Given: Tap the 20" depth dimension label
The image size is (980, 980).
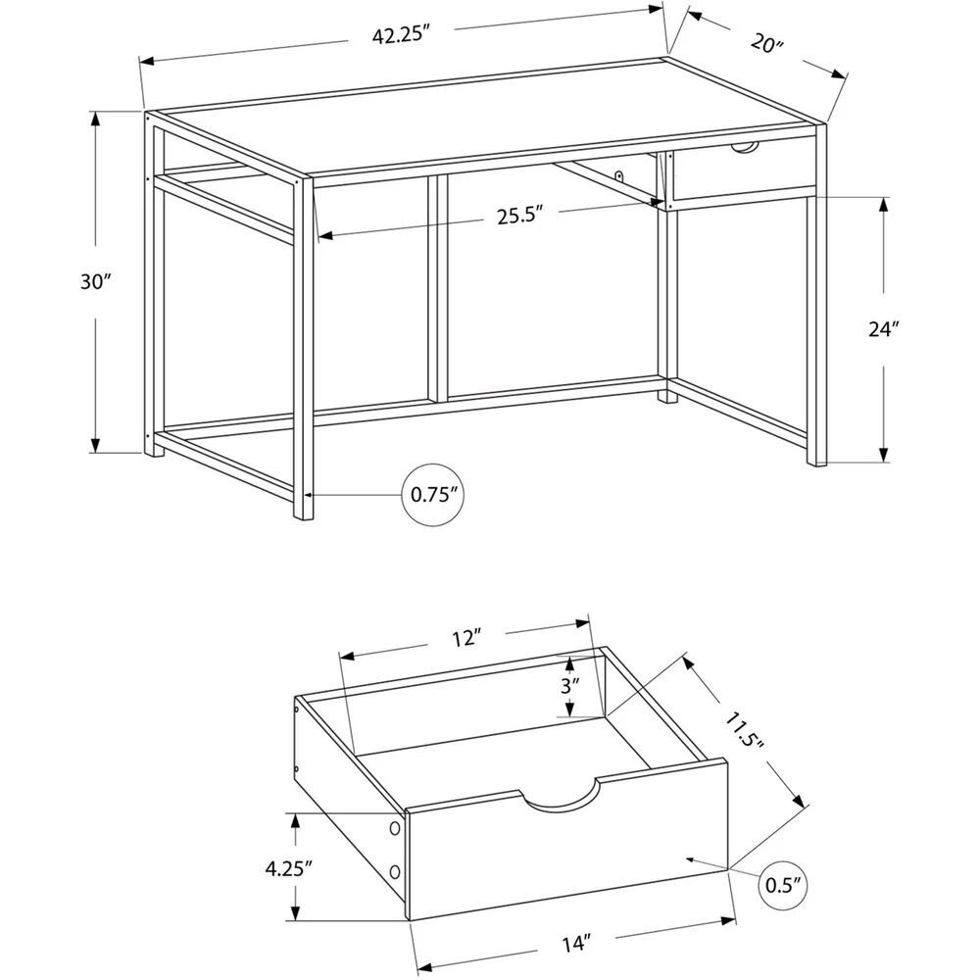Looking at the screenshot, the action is click(x=767, y=44).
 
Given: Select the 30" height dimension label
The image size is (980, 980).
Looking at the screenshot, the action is click(x=94, y=282).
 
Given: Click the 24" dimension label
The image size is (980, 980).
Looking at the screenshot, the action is click(x=883, y=328).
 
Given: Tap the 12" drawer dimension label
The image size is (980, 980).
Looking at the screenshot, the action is click(x=466, y=639).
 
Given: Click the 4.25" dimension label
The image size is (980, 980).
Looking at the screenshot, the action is click(x=288, y=868).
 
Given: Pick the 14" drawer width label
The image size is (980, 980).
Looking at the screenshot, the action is click(x=575, y=944).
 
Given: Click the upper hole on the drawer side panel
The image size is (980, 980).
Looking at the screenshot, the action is click(x=394, y=829).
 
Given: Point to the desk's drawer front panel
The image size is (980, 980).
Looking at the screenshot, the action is click(x=744, y=167).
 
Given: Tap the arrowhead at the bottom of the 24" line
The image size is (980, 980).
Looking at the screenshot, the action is click(x=884, y=456).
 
